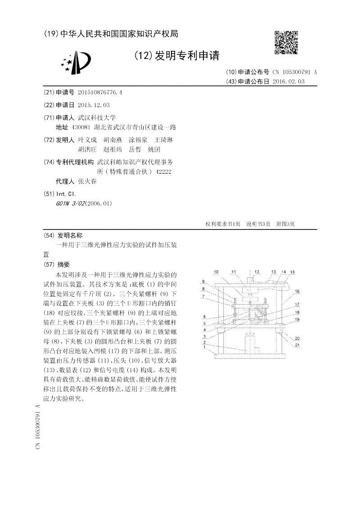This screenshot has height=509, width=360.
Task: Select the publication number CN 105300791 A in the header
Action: (x=295, y=72)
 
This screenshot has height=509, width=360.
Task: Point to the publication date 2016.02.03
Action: (x=288, y=81)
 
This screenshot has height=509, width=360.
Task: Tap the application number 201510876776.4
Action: (x=100, y=93)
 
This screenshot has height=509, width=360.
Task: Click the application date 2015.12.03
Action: (x=94, y=105)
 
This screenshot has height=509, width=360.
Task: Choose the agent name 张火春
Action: (x=87, y=181)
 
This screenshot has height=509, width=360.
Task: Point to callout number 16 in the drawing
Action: (x=297, y=292)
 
